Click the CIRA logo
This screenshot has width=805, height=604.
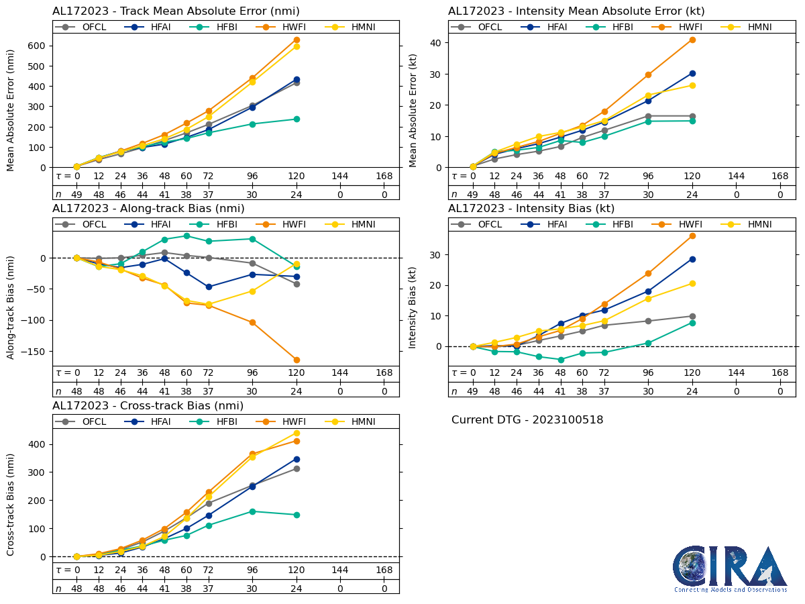pos(731,568)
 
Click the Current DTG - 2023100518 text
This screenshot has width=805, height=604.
pos(527,420)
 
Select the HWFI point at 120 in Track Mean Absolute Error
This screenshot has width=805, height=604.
pos(297,40)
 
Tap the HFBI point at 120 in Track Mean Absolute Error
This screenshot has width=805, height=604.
pos(297,119)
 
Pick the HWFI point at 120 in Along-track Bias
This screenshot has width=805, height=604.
pos(297,360)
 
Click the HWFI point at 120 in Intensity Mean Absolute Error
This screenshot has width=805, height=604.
pos(692,40)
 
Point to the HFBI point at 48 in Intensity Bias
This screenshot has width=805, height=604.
pos(561,360)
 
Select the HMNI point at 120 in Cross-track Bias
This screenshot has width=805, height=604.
pos(297,433)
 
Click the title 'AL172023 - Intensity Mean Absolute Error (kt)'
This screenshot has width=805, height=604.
pos(576,11)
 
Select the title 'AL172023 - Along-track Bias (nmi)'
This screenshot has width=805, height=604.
pos(148,209)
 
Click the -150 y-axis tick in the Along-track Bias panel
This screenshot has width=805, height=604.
pos(34,351)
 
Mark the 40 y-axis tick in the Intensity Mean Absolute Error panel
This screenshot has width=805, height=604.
pos(435,42)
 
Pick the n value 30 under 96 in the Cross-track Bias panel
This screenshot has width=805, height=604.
pos(252,589)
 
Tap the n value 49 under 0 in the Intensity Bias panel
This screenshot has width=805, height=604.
pos(472,391)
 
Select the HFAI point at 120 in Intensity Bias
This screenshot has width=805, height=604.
pos(692,259)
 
